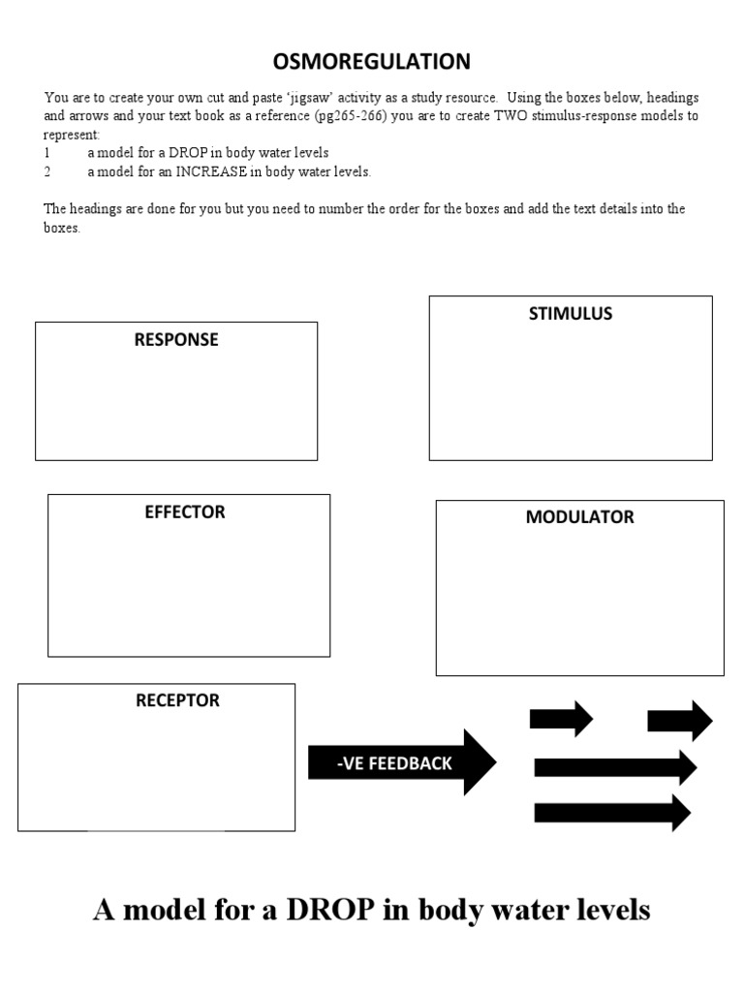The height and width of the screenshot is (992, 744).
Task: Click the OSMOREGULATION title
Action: point(372,62)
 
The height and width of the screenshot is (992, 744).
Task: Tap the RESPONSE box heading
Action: point(176,340)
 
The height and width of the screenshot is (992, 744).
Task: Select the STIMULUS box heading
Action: point(571,314)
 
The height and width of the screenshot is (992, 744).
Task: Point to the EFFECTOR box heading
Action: point(185,512)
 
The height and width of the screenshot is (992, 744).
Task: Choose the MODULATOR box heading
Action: point(579,517)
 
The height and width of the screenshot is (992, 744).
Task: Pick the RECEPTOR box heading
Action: point(177,700)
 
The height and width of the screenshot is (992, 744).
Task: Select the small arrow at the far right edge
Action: point(679,721)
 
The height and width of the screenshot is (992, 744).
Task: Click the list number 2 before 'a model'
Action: point(46,172)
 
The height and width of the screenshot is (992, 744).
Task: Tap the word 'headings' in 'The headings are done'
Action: point(96,209)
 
